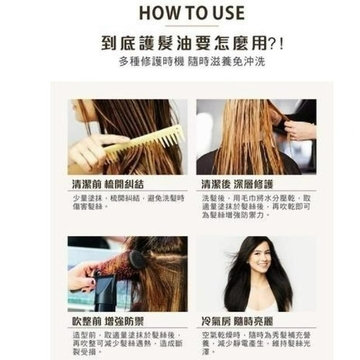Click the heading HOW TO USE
[x=192, y=13]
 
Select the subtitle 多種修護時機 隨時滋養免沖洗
[x=192, y=61]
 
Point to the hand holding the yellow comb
[x=92, y=152]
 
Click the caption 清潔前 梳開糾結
[x=108, y=184]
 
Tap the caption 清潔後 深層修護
[x=237, y=184]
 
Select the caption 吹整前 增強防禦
[x=108, y=321]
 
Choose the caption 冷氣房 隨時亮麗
[x=237, y=321]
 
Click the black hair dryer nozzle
[x=104, y=292]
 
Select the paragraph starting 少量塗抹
[x=129, y=202]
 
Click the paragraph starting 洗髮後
[x=256, y=207]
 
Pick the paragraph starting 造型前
[x=128, y=343]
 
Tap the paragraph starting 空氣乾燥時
[x=256, y=343]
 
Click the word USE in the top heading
[x=229, y=13]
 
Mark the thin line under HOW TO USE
[x=192, y=26]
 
